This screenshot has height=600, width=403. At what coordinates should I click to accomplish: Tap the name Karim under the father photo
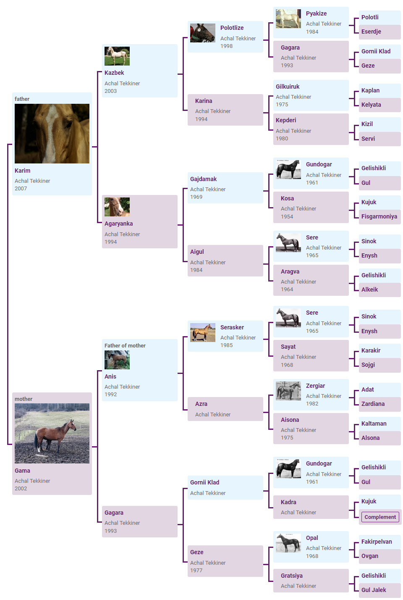(x=23, y=171)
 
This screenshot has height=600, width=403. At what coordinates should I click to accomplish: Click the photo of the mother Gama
(x=52, y=433)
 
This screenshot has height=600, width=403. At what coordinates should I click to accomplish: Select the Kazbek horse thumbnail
(x=117, y=56)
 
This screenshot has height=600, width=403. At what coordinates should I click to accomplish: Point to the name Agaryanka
(x=118, y=224)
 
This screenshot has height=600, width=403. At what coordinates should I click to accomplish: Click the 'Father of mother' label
(x=125, y=345)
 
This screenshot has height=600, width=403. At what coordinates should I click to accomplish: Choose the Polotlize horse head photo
(x=203, y=33)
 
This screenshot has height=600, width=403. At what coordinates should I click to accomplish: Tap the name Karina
(x=204, y=101)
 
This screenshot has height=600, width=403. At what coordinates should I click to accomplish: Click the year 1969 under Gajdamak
(x=196, y=197)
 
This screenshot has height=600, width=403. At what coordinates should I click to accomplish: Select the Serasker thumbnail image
(x=203, y=332)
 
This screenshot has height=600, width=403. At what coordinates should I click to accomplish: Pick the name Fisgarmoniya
(x=379, y=216)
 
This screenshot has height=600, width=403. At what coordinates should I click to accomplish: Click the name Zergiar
(x=316, y=386)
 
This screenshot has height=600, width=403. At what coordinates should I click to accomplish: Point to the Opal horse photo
(x=288, y=543)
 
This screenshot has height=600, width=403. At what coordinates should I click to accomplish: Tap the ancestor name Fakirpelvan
(x=377, y=542)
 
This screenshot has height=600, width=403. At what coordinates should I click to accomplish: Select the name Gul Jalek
(x=374, y=590)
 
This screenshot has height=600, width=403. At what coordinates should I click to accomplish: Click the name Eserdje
(x=371, y=32)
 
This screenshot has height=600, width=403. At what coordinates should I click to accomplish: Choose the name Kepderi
(x=286, y=120)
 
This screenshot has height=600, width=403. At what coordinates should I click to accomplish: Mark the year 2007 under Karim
(x=21, y=188)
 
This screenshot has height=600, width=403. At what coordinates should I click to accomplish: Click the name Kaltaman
(x=374, y=424)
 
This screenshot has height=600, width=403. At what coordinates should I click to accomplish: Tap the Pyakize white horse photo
(x=288, y=19)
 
